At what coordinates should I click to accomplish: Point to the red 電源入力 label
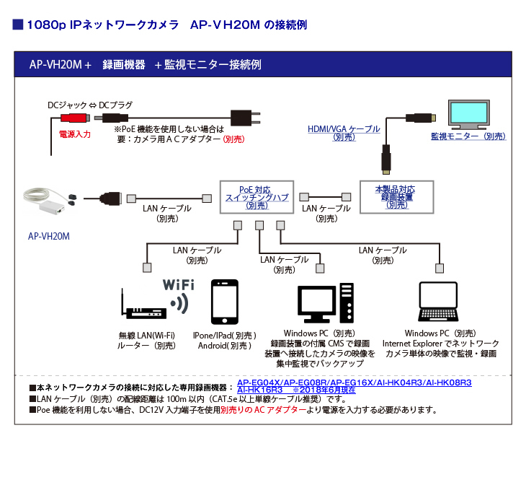[x=74, y=134]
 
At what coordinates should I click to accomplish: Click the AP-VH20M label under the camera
[x=49, y=235]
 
